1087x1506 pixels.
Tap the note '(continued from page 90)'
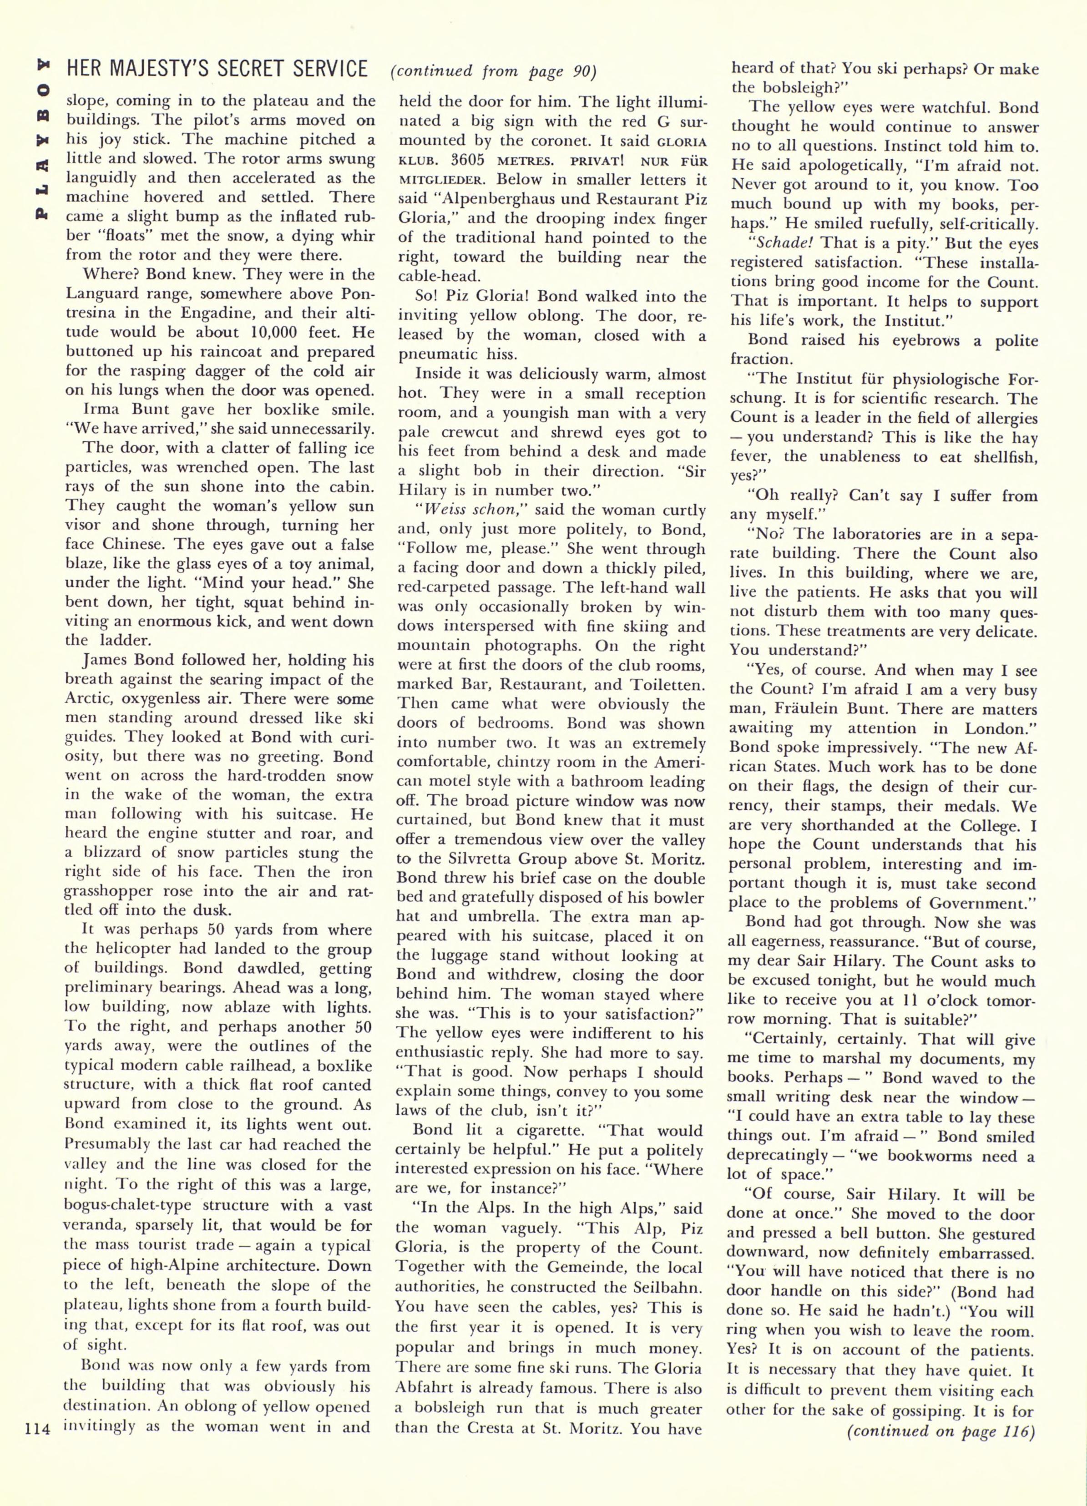493,71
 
